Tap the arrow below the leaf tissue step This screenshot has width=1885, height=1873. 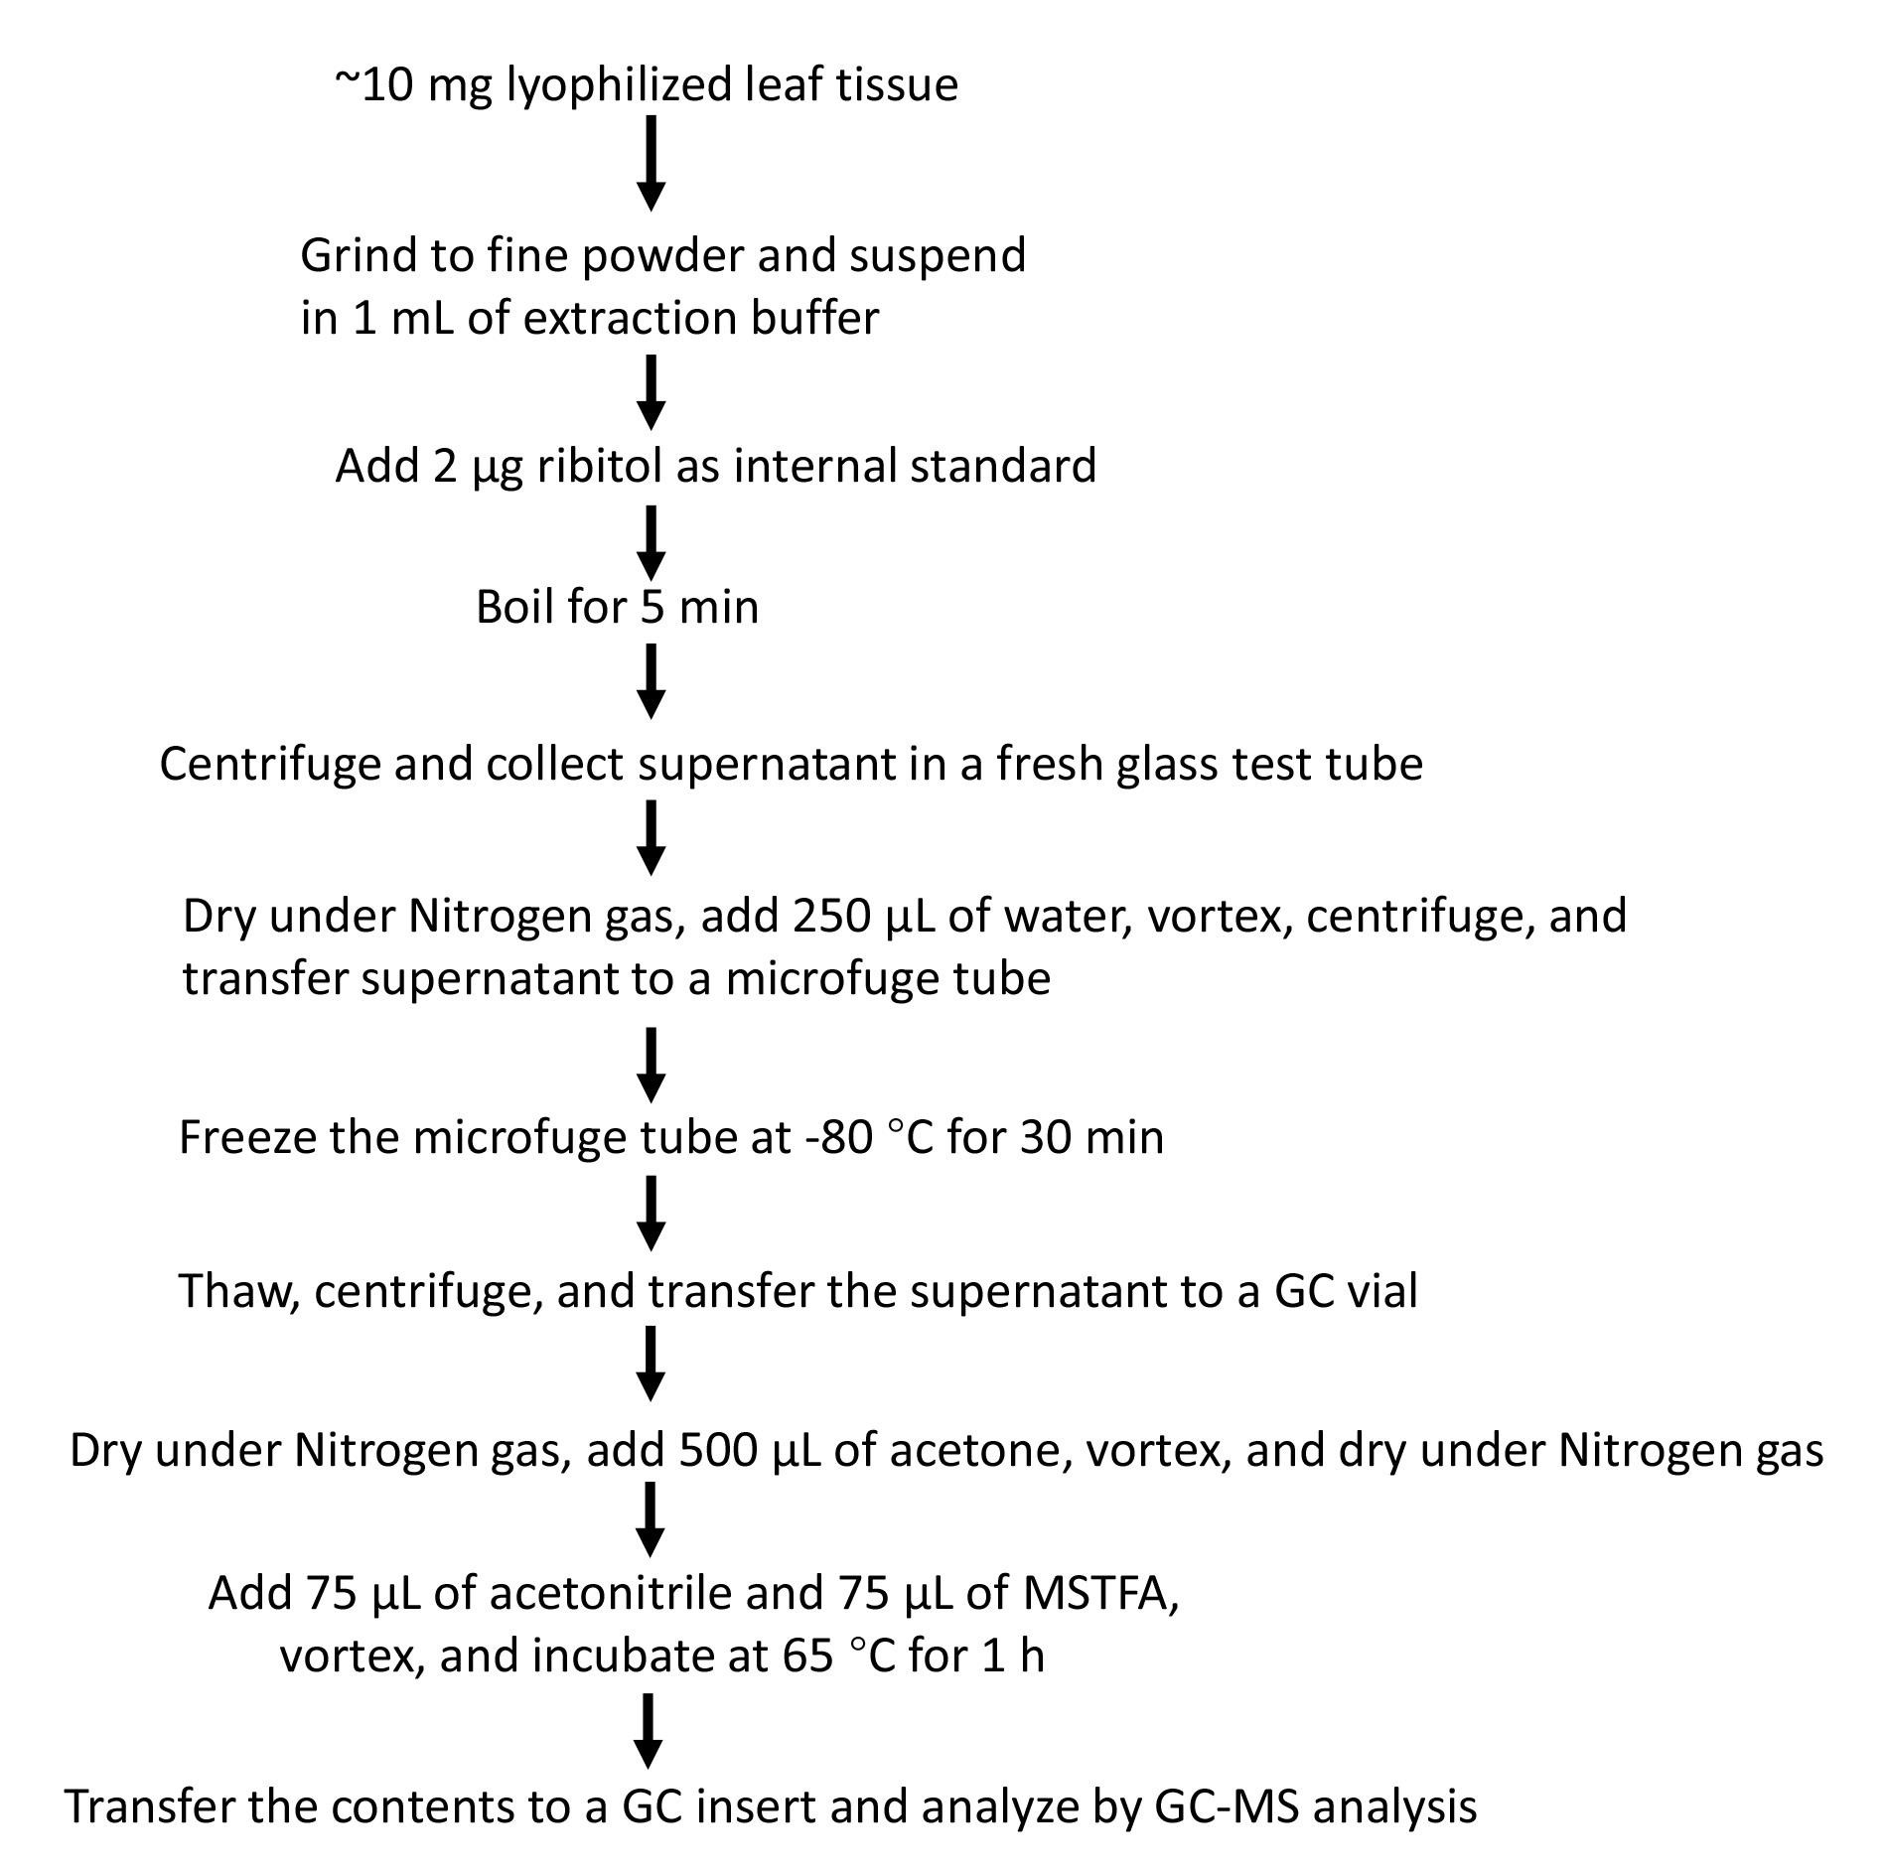pos(651,164)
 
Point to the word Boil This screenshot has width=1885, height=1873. pos(517,606)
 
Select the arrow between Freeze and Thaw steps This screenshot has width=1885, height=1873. pos(651,1214)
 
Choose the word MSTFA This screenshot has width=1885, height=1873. pos(1099,1595)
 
